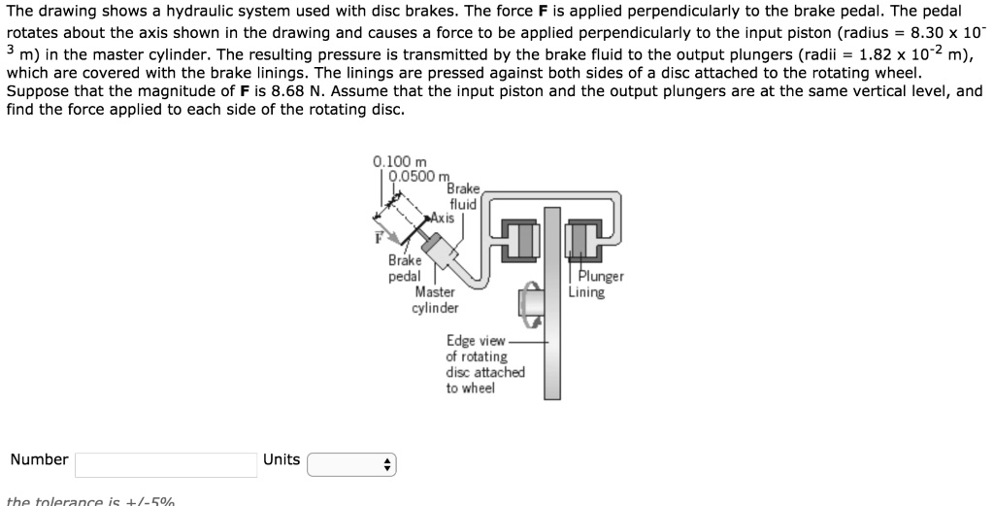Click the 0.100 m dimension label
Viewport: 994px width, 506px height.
[x=392, y=161]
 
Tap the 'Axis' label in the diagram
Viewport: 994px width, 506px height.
[x=443, y=218]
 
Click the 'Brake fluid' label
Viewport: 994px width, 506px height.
[x=463, y=196]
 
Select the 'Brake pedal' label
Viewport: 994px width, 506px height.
[x=405, y=268]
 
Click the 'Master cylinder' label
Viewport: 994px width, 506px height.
[x=434, y=300]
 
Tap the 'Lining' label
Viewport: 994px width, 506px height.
[x=586, y=291]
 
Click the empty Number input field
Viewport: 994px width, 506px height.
[x=166, y=464]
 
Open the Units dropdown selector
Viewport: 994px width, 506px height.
[x=351, y=464]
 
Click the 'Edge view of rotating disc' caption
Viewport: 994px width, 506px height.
[x=484, y=364]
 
